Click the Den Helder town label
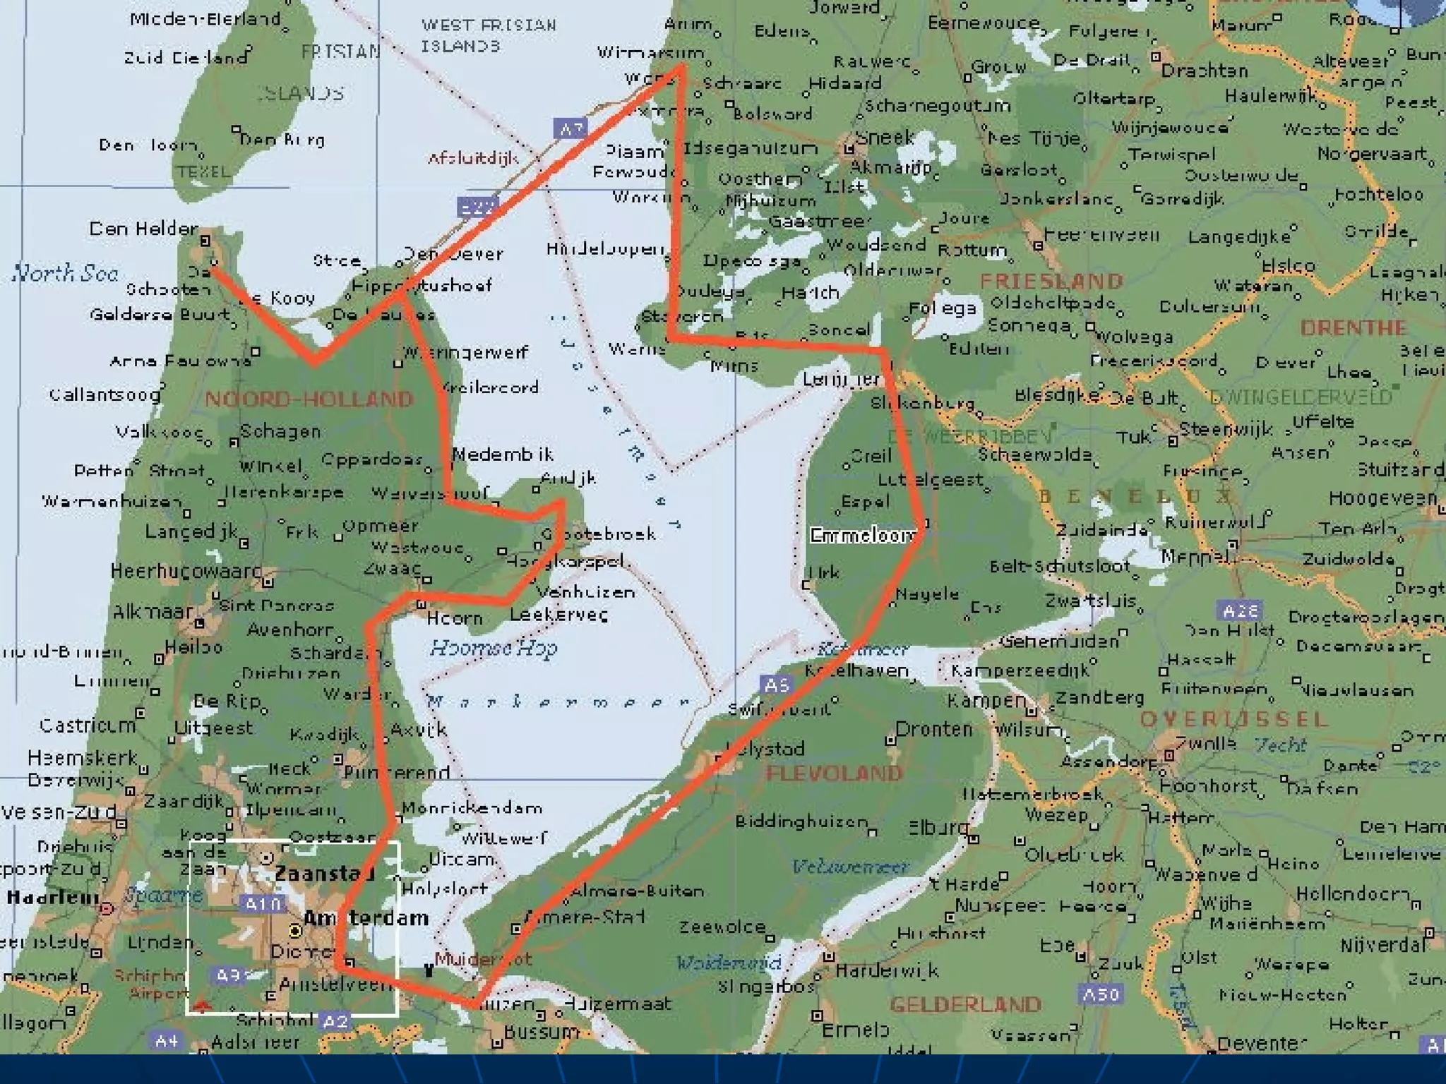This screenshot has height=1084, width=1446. point(143,229)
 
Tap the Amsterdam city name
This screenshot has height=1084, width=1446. point(366,918)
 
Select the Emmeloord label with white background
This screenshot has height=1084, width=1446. point(863,536)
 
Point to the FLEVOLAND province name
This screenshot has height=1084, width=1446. point(834,773)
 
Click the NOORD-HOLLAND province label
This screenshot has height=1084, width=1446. point(309,399)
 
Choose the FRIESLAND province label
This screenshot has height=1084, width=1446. point(1051,281)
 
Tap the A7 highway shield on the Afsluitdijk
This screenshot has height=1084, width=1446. point(570,129)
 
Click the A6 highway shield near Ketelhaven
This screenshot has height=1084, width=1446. point(776,685)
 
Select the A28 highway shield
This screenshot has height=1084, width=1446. point(1241,610)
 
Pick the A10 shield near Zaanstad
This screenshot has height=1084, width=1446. point(263,904)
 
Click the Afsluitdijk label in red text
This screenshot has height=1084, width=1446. point(473,158)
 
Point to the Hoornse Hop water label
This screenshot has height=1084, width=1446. point(493,648)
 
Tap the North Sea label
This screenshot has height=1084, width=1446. point(65,273)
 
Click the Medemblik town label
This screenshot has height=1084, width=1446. point(502,454)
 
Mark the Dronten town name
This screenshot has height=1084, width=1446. point(933,729)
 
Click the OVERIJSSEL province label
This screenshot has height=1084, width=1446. point(1233,719)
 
